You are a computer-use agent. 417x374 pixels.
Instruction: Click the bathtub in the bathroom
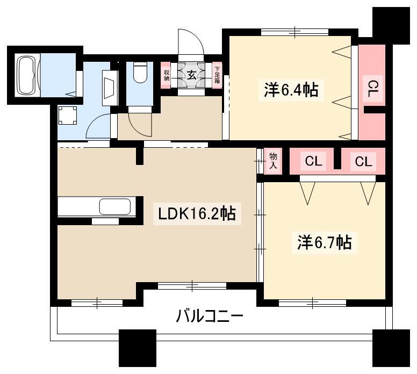(26, 75)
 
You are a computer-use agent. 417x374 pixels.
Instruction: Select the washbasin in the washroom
(110, 88)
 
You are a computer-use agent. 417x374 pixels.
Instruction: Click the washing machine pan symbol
(68, 115)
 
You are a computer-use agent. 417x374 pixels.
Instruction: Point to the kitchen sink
(115, 207)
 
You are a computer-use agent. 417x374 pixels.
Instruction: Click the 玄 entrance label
(191, 76)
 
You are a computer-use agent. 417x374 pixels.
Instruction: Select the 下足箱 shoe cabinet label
(217, 75)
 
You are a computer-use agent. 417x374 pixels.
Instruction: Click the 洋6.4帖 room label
(291, 90)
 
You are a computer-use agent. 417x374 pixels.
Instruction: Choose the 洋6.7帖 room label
(325, 242)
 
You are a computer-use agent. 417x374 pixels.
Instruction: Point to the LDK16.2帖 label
(197, 214)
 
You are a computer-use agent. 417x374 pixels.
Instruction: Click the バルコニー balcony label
(210, 316)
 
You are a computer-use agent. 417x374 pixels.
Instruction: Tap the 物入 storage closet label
(273, 161)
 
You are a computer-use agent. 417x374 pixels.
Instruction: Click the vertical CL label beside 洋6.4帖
(373, 89)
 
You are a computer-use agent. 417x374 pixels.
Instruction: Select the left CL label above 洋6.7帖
(313, 161)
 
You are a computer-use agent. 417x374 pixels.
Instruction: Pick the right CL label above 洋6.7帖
(363, 161)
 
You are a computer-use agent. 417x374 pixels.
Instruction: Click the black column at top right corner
(391, 26)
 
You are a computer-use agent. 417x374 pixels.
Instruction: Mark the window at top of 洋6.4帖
(294, 32)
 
